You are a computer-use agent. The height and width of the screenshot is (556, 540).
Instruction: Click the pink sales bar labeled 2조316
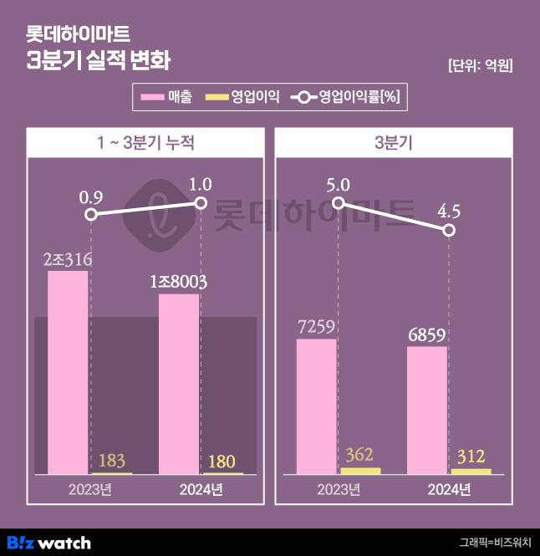click(68, 372)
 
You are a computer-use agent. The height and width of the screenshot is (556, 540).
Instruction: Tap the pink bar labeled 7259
click(316, 406)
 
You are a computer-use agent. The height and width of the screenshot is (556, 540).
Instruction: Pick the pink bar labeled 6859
click(426, 410)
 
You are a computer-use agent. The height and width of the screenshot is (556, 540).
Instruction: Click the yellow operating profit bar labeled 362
click(360, 471)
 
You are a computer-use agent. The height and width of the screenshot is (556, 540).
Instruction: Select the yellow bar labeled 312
click(471, 472)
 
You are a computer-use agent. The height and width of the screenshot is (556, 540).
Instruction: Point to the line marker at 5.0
click(338, 203)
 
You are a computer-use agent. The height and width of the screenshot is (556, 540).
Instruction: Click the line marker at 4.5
click(449, 230)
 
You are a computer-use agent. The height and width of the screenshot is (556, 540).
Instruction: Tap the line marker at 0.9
click(91, 214)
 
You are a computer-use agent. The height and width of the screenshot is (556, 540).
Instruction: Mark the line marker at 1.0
click(201, 202)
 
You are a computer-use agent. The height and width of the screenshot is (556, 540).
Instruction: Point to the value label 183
click(112, 460)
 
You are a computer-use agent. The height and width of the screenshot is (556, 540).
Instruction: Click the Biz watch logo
click(48, 543)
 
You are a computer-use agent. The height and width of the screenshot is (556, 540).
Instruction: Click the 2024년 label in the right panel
click(449, 490)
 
